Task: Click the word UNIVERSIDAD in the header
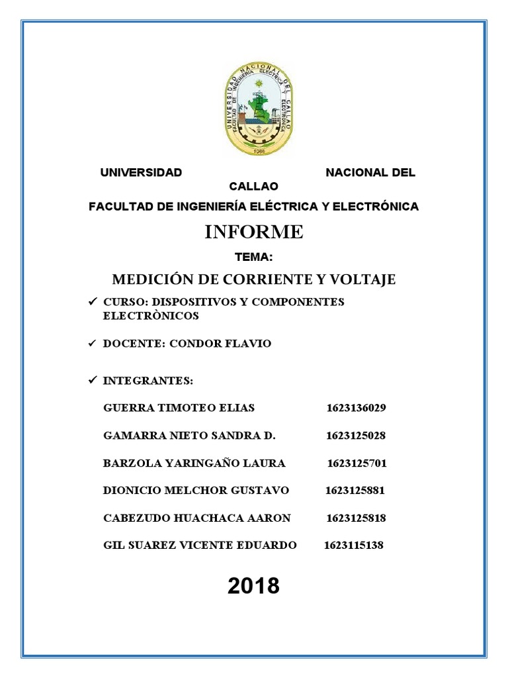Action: pyautogui.click(x=141, y=173)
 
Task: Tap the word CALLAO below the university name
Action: pyautogui.click(x=254, y=187)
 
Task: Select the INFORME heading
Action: pyautogui.click(x=254, y=232)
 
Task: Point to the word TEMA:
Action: pyautogui.click(x=253, y=257)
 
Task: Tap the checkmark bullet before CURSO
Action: pyautogui.click(x=92, y=302)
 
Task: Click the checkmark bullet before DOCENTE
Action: pyautogui.click(x=92, y=344)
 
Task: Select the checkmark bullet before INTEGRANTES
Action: pyautogui.click(x=92, y=381)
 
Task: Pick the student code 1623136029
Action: pyautogui.click(x=356, y=408)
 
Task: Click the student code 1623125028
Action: pyautogui.click(x=356, y=436)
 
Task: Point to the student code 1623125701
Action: pyautogui.click(x=357, y=463)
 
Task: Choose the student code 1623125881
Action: pyautogui.click(x=355, y=491)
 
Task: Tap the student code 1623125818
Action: pyautogui.click(x=357, y=518)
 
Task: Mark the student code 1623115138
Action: pyautogui.click(x=354, y=546)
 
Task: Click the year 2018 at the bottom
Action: pyautogui.click(x=254, y=586)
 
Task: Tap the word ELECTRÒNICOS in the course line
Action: pyautogui.click(x=151, y=316)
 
